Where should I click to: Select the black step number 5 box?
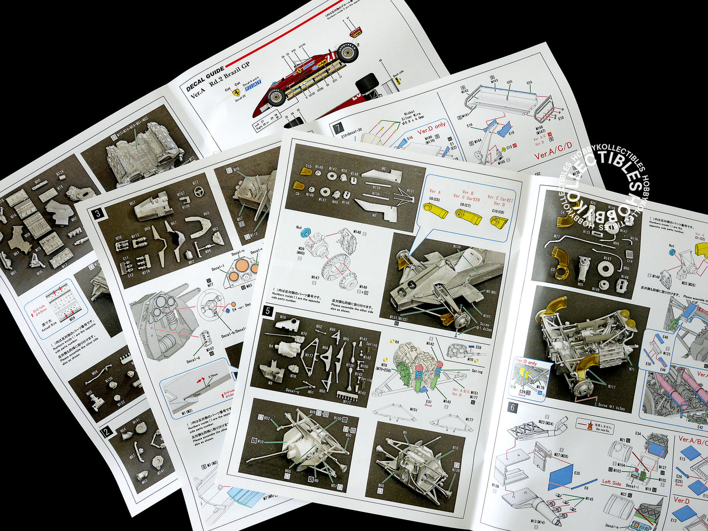(268, 310)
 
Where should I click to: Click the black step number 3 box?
(98, 213)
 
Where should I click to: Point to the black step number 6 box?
(513, 407)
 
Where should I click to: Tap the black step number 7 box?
(338, 129)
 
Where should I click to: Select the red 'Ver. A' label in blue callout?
(435, 192)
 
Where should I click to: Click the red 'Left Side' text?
(611, 483)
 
